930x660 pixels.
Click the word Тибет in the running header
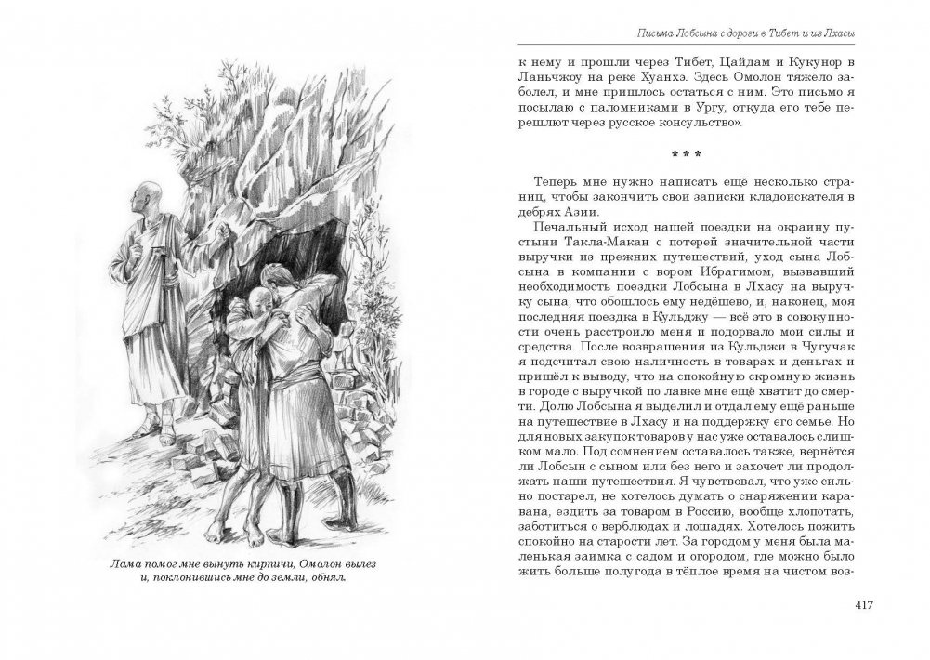[789, 34]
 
